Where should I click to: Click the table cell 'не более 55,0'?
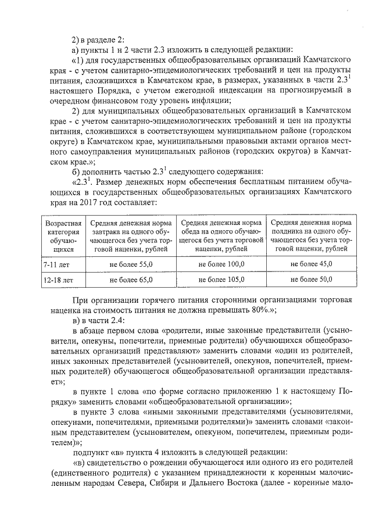point(131,264)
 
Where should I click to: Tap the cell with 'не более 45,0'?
point(311,264)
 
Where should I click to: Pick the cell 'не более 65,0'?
point(131,280)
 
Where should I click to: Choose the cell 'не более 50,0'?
point(311,280)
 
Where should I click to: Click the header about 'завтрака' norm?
point(131,235)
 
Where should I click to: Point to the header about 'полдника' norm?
point(311,235)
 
